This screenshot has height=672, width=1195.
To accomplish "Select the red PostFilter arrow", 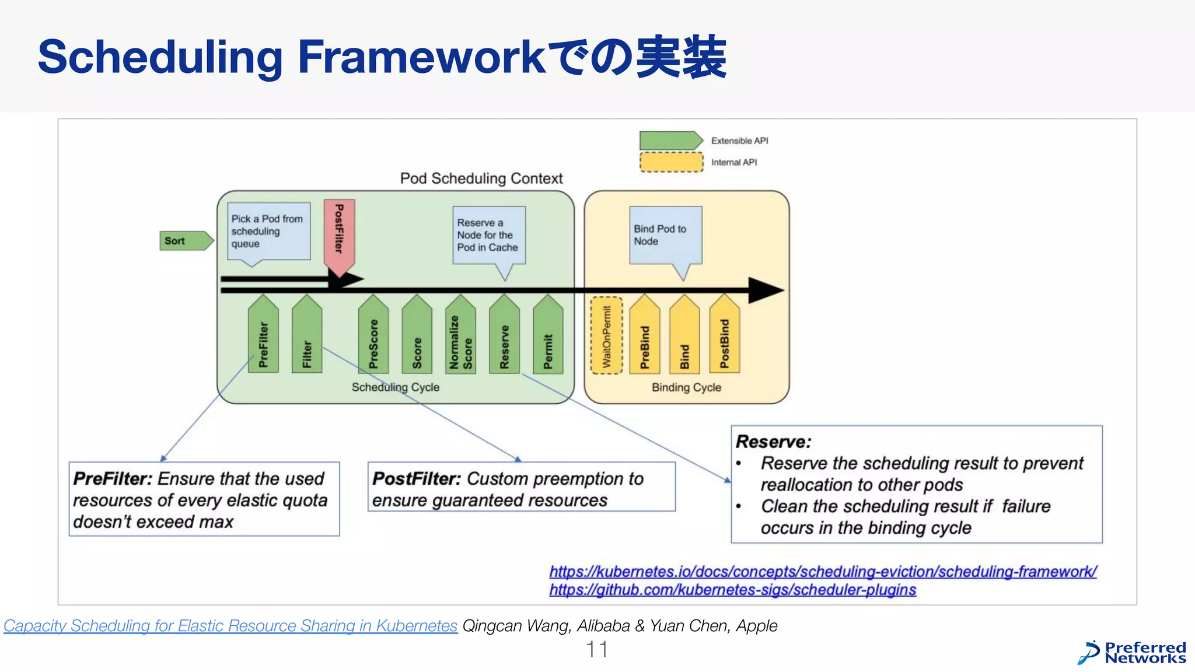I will [339, 233].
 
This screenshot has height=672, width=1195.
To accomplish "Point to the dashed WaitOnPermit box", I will [607, 335].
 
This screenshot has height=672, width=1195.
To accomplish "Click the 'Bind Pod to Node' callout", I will [665, 235].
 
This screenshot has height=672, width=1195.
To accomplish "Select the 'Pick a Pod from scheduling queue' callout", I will [268, 231].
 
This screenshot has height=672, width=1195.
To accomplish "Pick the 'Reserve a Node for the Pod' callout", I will [489, 235].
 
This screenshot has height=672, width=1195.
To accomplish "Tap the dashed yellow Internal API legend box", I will [671, 162].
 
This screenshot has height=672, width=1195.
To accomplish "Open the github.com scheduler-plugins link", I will [732, 590].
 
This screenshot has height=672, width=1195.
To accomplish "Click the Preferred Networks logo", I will [1132, 653].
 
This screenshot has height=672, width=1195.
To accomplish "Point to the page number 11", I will [596, 649].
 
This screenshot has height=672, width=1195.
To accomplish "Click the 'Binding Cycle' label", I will [686, 387].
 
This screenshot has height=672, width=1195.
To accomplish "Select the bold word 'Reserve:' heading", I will [773, 442].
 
